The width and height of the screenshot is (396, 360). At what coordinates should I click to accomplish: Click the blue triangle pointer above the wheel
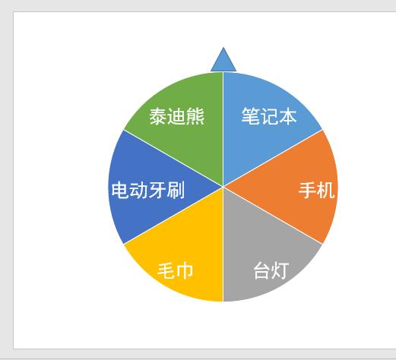(223, 62)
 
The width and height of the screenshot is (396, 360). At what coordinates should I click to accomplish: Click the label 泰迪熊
(177, 117)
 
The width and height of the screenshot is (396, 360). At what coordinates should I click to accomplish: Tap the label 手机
(316, 190)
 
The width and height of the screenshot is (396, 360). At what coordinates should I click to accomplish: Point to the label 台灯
(271, 270)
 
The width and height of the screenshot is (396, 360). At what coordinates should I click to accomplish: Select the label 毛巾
(176, 270)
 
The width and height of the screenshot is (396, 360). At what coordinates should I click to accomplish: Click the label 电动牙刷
(147, 190)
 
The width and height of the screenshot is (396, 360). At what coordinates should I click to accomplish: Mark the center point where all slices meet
(223, 186)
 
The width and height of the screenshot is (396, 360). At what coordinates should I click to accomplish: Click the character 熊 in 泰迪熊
(195, 117)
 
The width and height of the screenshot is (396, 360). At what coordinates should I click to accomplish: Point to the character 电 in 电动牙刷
(120, 190)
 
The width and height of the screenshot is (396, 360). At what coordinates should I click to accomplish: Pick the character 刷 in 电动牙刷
(176, 190)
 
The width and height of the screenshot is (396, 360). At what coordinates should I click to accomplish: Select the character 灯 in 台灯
(280, 270)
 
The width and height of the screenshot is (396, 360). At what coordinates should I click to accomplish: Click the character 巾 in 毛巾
(185, 270)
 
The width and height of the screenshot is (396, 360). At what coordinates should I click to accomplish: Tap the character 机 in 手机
(325, 190)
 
